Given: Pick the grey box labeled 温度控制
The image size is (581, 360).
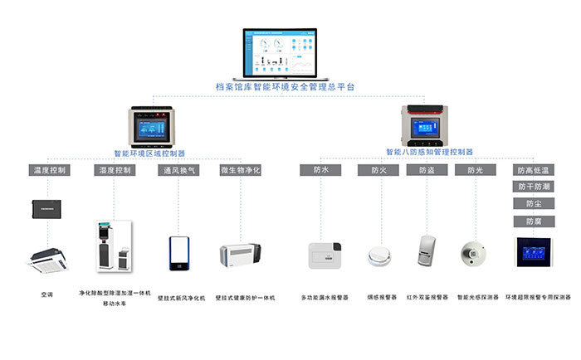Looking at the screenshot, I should [50, 170].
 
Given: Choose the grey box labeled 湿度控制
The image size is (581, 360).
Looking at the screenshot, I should [115, 170].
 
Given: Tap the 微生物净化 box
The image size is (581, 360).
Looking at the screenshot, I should [241, 170].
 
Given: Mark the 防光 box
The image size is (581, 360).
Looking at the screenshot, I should [475, 170].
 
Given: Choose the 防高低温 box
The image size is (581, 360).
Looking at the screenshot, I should [533, 170].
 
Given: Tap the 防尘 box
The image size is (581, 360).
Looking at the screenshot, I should [533, 204].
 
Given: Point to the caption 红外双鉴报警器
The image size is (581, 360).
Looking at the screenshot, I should [427, 296].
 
